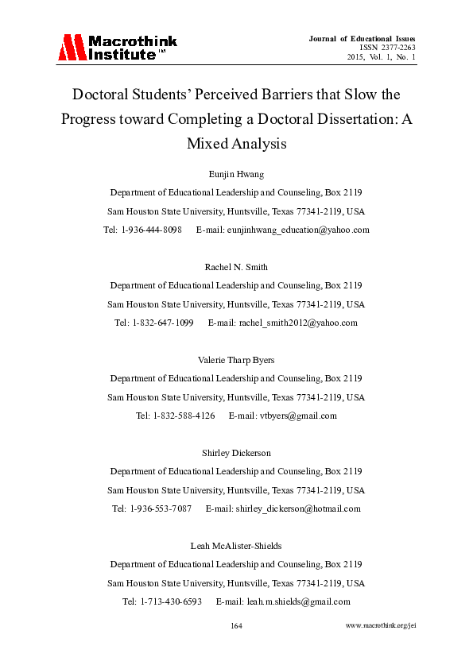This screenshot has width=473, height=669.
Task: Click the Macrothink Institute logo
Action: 117,48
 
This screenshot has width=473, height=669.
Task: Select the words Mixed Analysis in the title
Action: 236,144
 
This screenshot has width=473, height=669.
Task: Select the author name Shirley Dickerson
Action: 236,453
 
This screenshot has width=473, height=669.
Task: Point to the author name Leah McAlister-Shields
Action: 236,546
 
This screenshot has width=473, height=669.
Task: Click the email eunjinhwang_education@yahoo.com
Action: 298,230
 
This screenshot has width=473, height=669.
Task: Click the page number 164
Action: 236,626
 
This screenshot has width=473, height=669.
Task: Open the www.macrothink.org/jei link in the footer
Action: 382,626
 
